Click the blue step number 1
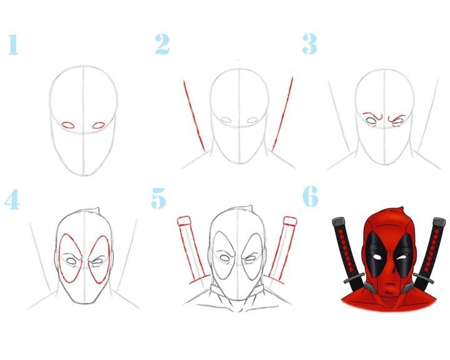tap(13, 44)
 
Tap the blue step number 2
tap(162, 44)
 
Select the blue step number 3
tap(309, 44)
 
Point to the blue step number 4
tap(12, 199)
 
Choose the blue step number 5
tap(158, 198)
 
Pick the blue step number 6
tap(310, 196)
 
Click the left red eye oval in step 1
tap(68, 125)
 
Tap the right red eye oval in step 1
tap(99, 125)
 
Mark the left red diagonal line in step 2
tap(194, 116)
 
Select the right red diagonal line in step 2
tap(282, 113)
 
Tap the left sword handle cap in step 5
tap(184, 221)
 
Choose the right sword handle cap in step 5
tap(290, 221)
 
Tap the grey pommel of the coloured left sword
tap(339, 222)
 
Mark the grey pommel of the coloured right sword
tap(439, 222)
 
